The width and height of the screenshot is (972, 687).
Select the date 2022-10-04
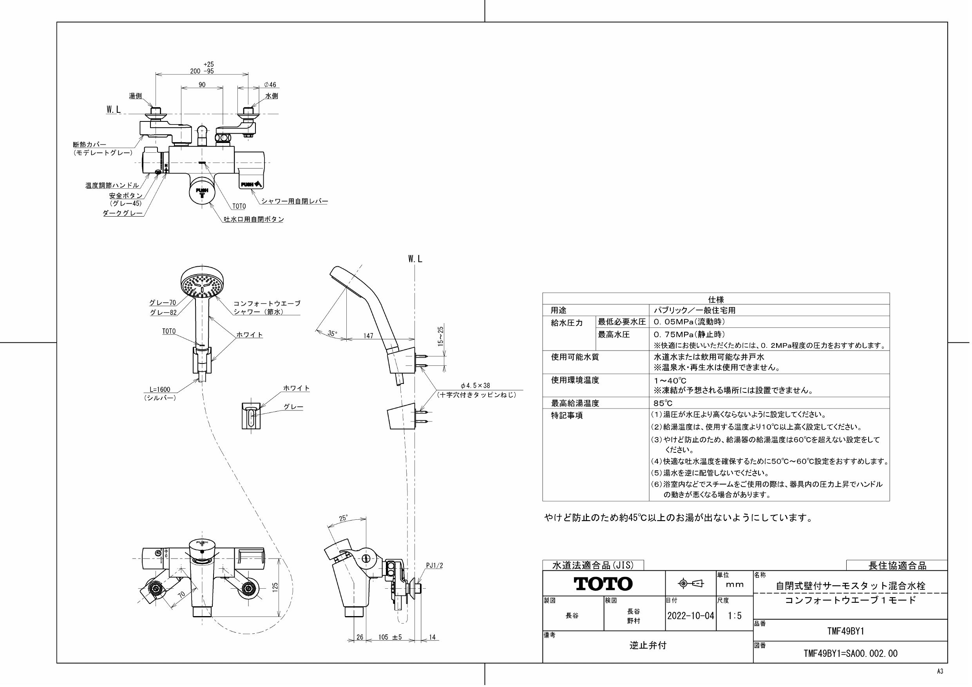[x=690, y=615]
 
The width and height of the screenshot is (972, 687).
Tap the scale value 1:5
[x=735, y=615]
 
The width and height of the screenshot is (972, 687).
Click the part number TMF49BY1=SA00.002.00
[x=850, y=654]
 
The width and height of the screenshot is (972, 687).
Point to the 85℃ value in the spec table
[x=662, y=403]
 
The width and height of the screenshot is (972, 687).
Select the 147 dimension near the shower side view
[x=368, y=336]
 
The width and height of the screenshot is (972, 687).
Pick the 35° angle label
[x=332, y=334]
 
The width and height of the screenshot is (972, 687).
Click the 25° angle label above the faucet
[x=343, y=518]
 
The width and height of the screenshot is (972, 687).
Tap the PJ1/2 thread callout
[x=434, y=566]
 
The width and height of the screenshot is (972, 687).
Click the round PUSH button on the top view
[x=202, y=193]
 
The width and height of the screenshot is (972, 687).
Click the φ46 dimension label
[x=270, y=85]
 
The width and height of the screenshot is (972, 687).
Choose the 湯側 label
[x=136, y=96]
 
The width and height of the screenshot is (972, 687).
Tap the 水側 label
[x=272, y=96]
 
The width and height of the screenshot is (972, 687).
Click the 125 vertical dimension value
[x=275, y=587]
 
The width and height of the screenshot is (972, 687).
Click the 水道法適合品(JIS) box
[x=593, y=565]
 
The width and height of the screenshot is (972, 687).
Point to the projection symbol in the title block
[x=690, y=584]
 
